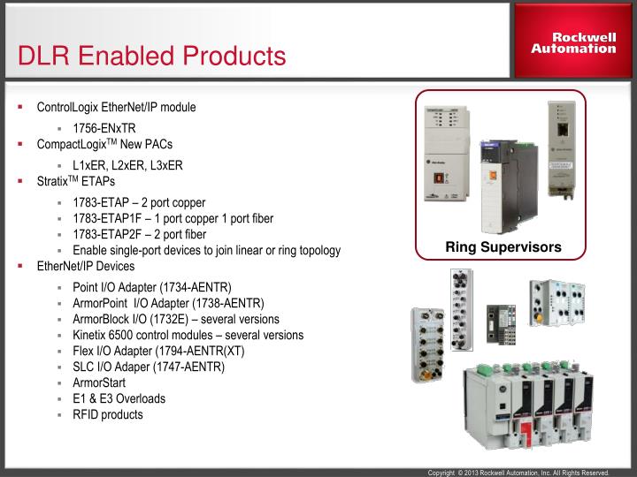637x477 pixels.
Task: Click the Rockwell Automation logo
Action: click(573, 42)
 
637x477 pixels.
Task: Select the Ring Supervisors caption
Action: click(503, 246)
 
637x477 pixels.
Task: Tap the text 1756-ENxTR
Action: click(104, 127)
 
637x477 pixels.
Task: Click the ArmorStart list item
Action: click(99, 382)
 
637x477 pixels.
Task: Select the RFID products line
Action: click(108, 414)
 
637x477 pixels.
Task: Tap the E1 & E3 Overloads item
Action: click(119, 398)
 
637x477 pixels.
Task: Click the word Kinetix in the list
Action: click(91, 335)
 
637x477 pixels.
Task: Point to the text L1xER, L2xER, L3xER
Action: click(127, 164)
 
